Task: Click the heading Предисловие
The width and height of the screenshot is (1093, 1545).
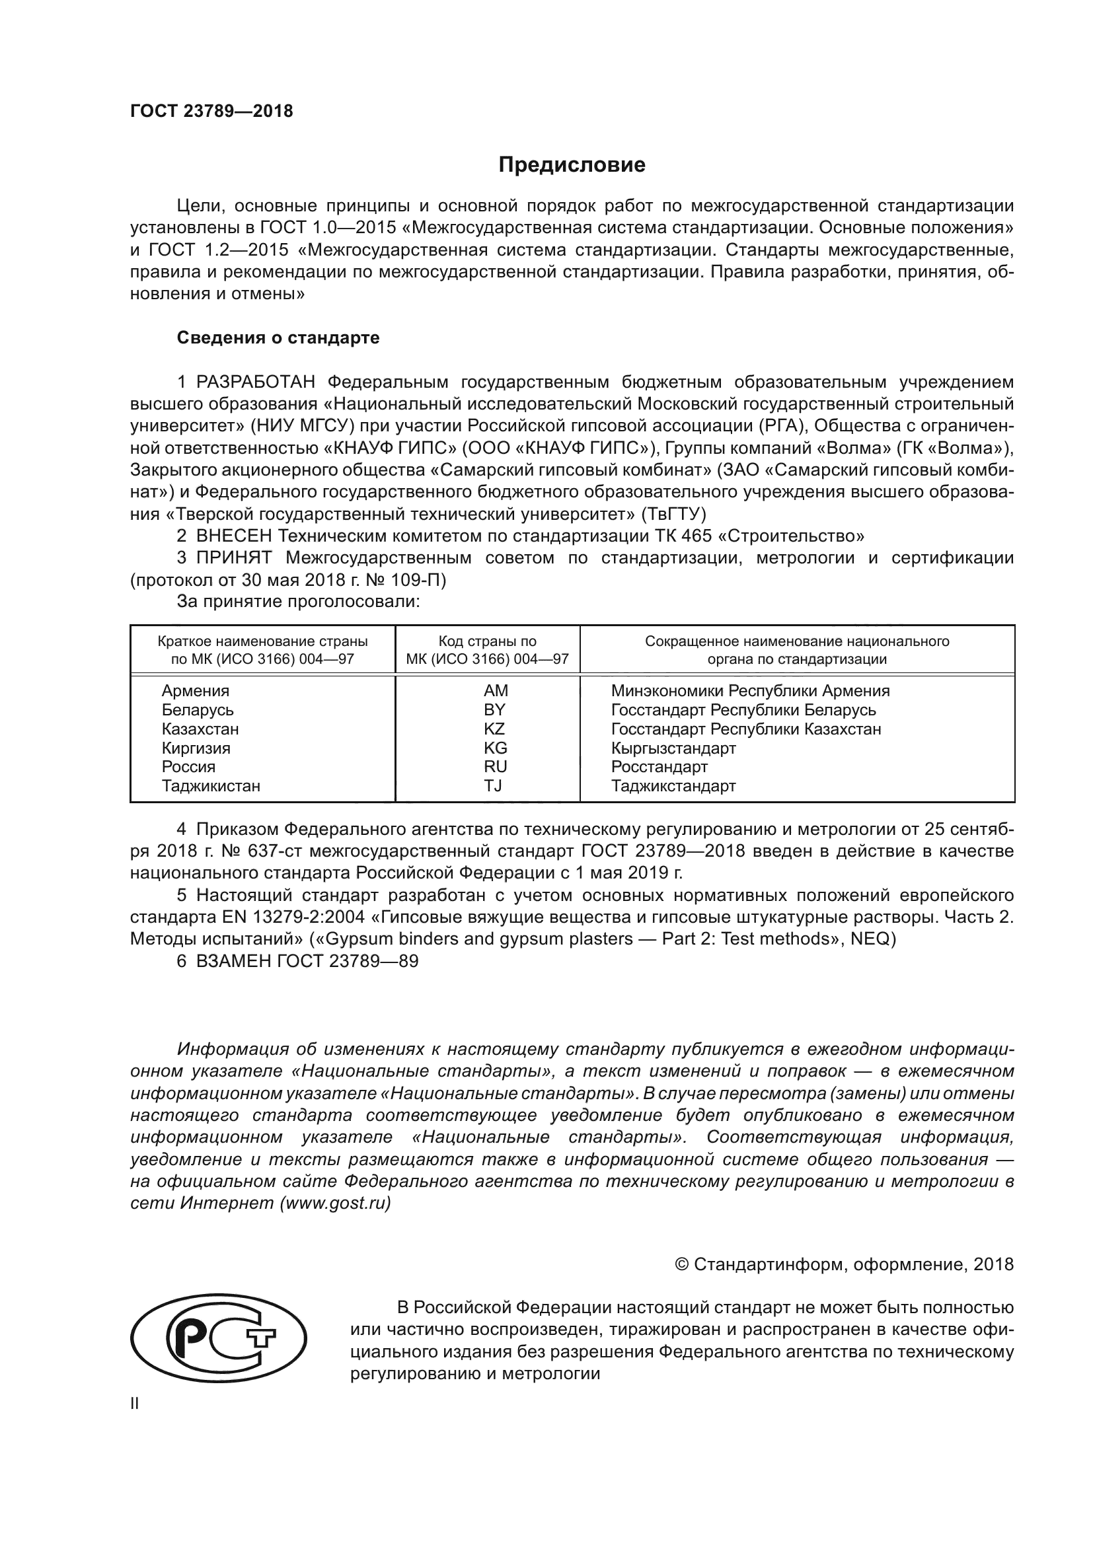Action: [572, 165]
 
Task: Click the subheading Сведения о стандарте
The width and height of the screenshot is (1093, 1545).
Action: [278, 338]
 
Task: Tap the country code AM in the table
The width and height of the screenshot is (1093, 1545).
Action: [496, 690]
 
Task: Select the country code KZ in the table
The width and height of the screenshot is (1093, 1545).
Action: [494, 729]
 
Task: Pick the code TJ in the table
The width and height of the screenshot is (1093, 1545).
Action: [493, 785]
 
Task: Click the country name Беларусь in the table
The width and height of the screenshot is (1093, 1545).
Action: [197, 710]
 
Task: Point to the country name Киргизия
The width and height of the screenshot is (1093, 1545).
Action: [196, 748]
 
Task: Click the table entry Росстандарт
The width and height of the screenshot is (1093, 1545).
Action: [659, 766]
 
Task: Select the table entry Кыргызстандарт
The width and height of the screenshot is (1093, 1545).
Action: [673, 748]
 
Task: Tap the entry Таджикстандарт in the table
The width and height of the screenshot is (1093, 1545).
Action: [673, 785]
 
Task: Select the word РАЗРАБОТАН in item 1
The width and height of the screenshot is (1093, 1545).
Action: [256, 382]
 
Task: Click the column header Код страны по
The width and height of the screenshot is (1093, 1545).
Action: [487, 641]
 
